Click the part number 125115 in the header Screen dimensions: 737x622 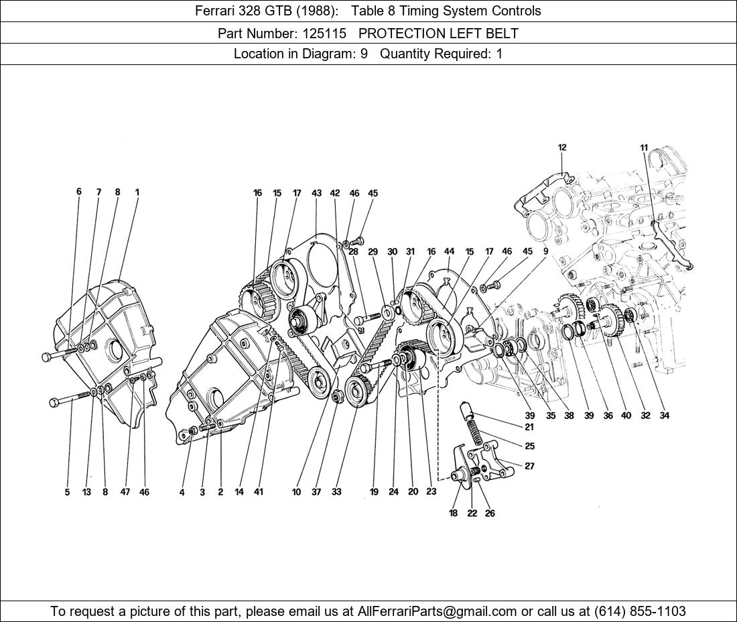coord(325,34)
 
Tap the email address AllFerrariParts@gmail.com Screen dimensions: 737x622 coord(437,611)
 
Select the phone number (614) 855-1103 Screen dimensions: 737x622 coord(640,611)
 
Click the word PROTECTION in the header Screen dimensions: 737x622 coord(401,34)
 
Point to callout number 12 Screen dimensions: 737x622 coord(562,147)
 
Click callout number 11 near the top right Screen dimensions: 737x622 coord(644,147)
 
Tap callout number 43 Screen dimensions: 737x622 coord(316,193)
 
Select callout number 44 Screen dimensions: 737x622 coord(450,251)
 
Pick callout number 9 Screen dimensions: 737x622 coord(545,251)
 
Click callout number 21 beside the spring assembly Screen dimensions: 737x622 coord(529,428)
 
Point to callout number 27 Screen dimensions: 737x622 coord(529,466)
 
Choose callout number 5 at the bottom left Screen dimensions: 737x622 coord(67,492)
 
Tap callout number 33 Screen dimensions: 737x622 coord(336,492)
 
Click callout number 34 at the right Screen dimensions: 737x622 coord(664,416)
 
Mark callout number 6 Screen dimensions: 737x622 coord(79,192)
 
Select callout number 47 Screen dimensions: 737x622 coord(125,492)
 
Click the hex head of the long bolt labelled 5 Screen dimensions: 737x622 coord(54,402)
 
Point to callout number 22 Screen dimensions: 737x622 coord(472,513)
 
